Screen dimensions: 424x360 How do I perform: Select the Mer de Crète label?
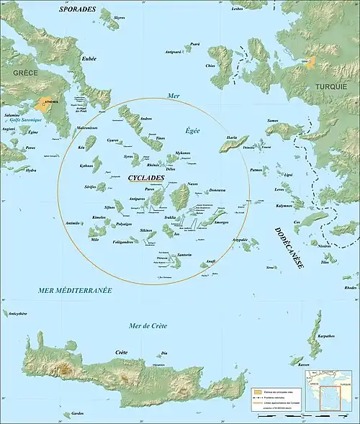(147, 326)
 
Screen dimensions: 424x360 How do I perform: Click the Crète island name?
(122, 352)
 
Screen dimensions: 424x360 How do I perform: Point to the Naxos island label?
(192, 185)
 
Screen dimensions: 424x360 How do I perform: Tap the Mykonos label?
(182, 153)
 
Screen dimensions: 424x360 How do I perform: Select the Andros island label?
(145, 118)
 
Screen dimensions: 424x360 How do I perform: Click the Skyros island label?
(119, 14)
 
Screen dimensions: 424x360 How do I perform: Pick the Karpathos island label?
(326, 335)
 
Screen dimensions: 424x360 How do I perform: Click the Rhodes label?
(350, 288)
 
